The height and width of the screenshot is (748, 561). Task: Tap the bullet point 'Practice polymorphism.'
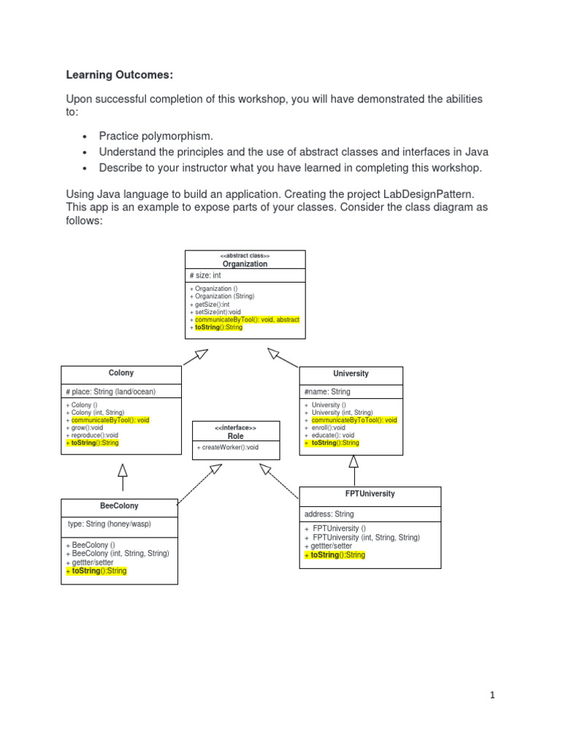(x=156, y=136)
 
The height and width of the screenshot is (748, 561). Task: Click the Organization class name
(x=245, y=264)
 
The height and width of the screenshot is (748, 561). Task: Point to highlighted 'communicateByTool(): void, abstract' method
(x=247, y=320)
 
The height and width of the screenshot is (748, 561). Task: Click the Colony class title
(x=121, y=373)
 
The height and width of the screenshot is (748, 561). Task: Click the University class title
(x=351, y=374)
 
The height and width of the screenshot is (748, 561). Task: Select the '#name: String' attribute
(x=327, y=392)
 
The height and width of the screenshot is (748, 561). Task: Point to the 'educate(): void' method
(x=332, y=435)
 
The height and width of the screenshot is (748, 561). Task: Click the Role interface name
(x=235, y=436)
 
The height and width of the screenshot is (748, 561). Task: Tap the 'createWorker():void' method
(x=227, y=447)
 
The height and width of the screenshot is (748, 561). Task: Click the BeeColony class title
(x=119, y=505)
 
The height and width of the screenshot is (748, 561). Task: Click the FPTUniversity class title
(x=370, y=494)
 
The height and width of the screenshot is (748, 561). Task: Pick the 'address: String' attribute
(x=329, y=514)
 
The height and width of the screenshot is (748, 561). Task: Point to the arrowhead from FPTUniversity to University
(x=354, y=461)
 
